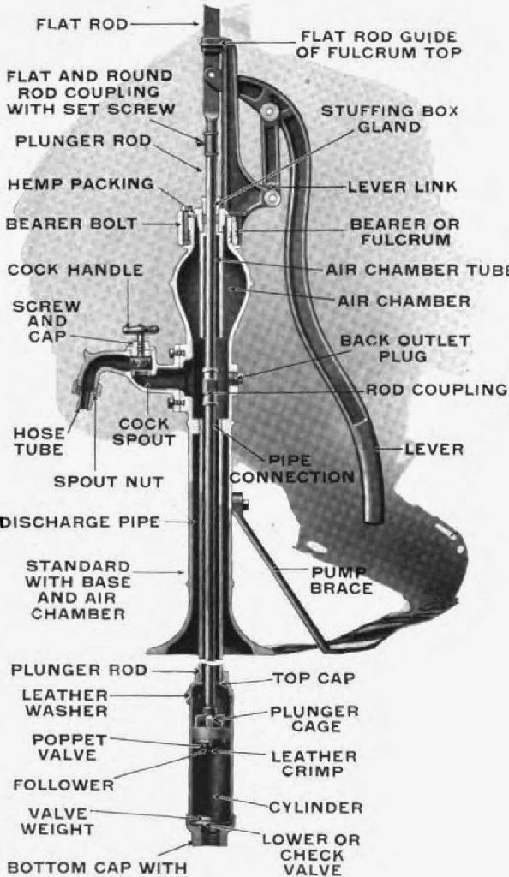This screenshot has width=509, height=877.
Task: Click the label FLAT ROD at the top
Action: tap(81, 24)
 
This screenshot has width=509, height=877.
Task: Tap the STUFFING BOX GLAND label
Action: tap(389, 119)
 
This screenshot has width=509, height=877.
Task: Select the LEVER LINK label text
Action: tap(402, 186)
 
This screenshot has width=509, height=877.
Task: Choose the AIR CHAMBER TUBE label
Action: tap(416, 269)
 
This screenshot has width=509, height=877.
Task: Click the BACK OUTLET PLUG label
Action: tap(404, 348)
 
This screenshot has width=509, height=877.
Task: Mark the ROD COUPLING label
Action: tap(436, 389)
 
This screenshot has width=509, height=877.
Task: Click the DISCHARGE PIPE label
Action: tap(81, 522)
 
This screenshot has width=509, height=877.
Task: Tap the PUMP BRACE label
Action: tap(343, 580)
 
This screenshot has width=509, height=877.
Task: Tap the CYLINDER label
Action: tap(315, 807)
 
